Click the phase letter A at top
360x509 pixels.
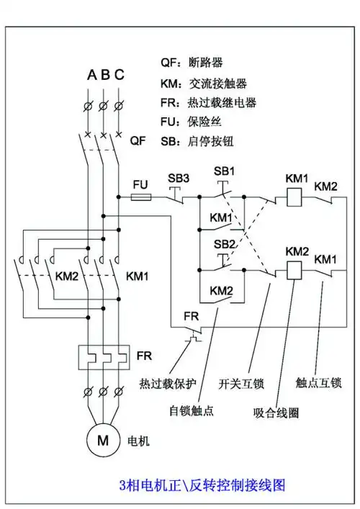(x=91, y=74)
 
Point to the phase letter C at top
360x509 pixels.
(x=119, y=74)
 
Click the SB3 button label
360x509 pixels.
(x=179, y=178)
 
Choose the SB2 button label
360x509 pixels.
(x=225, y=244)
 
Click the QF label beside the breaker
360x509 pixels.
(x=138, y=141)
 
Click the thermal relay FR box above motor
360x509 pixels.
(x=104, y=356)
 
